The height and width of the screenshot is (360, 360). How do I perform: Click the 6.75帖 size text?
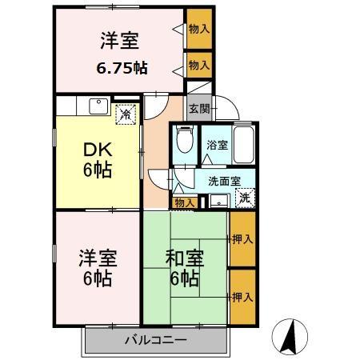pyautogui.click(x=121, y=68)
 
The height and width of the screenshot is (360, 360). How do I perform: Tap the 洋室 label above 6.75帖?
pyautogui.click(x=121, y=40)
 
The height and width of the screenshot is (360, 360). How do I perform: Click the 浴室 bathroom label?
pyautogui.click(x=216, y=146)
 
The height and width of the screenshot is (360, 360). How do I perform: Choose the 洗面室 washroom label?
pyautogui.click(x=223, y=180)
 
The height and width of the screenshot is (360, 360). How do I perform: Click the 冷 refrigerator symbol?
pyautogui.click(x=125, y=114)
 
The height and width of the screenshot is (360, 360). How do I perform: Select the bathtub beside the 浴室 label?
pyautogui.click(x=243, y=144)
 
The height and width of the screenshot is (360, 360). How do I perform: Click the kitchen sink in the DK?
pyautogui.click(x=100, y=105)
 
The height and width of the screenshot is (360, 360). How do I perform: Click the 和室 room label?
pyautogui.click(x=183, y=258)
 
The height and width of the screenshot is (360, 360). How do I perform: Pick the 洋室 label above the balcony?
pyautogui.click(x=97, y=258)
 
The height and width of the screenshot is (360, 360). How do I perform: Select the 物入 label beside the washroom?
pyautogui.click(x=184, y=203)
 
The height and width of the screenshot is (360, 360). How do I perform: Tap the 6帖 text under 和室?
pyautogui.click(x=183, y=279)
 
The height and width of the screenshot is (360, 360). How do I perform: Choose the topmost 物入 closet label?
pyautogui.click(x=199, y=29)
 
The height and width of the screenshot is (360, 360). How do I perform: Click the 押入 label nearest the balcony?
pyautogui.click(x=242, y=296)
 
